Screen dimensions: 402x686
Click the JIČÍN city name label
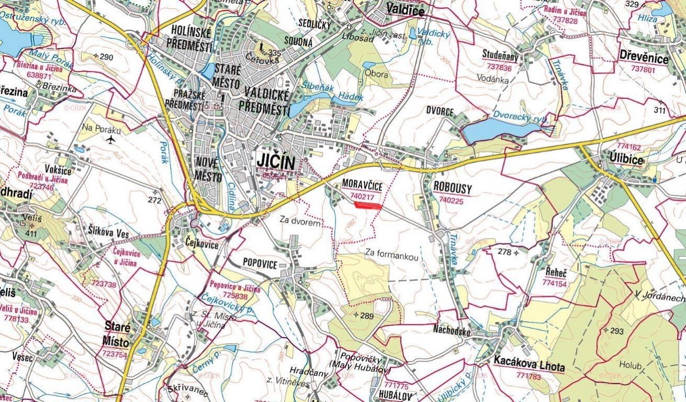coord(276,161)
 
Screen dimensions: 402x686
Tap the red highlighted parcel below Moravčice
coord(368,206)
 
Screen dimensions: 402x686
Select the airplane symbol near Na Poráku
coord(110,140)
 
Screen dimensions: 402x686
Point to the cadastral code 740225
coord(452,199)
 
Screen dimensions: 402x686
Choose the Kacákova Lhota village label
coord(529,367)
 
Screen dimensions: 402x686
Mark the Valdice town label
coord(404,8)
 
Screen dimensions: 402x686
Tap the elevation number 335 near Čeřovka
coord(274,53)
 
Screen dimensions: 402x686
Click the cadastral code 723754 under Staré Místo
coord(115,354)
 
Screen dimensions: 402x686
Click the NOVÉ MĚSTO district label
coord(208,169)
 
